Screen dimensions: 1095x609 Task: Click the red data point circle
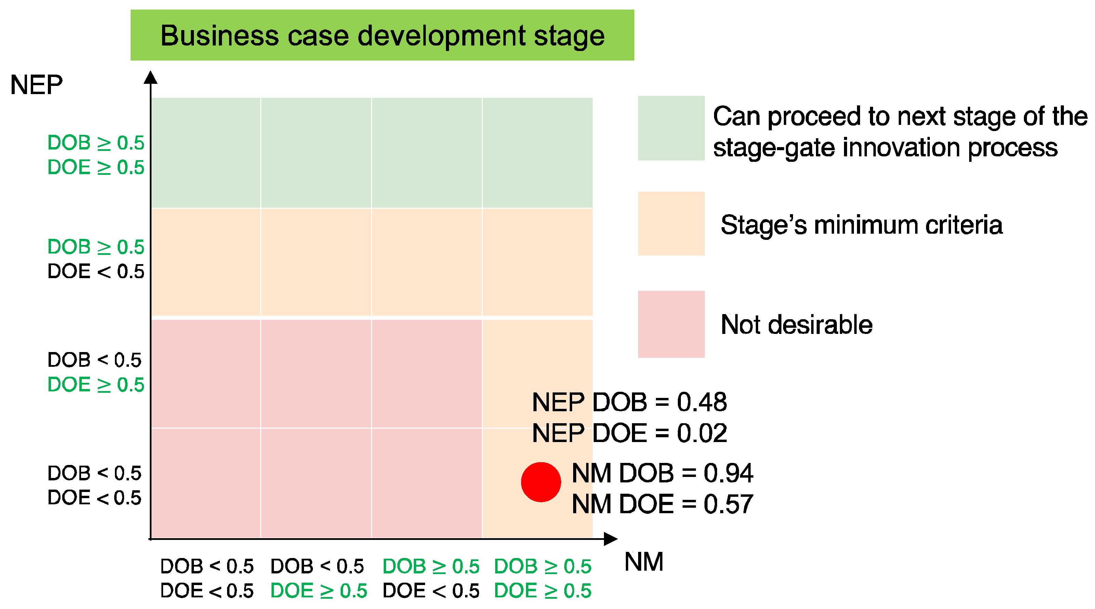(541, 482)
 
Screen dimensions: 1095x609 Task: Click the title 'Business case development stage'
(382, 36)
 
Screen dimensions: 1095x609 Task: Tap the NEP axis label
(37, 85)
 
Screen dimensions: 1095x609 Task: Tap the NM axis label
(644, 561)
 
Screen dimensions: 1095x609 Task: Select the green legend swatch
(671, 128)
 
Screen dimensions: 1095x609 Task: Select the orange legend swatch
(671, 224)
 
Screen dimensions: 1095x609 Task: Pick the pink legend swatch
(671, 324)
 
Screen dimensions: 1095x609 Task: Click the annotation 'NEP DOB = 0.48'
(630, 402)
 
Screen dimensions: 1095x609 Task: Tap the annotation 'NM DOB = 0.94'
(662, 473)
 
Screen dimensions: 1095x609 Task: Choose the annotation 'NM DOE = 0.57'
(662, 504)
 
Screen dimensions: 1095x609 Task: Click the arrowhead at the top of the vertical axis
(150, 77)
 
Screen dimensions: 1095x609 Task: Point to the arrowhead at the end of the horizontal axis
(611, 539)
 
